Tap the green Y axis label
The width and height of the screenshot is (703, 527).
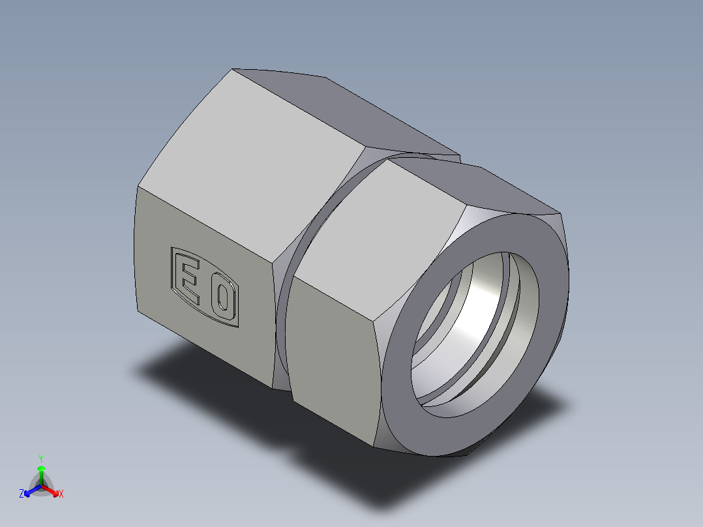click(x=40, y=458)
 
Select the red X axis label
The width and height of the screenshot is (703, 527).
click(x=61, y=494)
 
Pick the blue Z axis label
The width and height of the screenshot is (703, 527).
click(x=22, y=494)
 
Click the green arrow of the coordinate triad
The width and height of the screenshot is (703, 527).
click(x=41, y=471)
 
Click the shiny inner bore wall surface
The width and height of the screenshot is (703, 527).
click(x=483, y=294)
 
